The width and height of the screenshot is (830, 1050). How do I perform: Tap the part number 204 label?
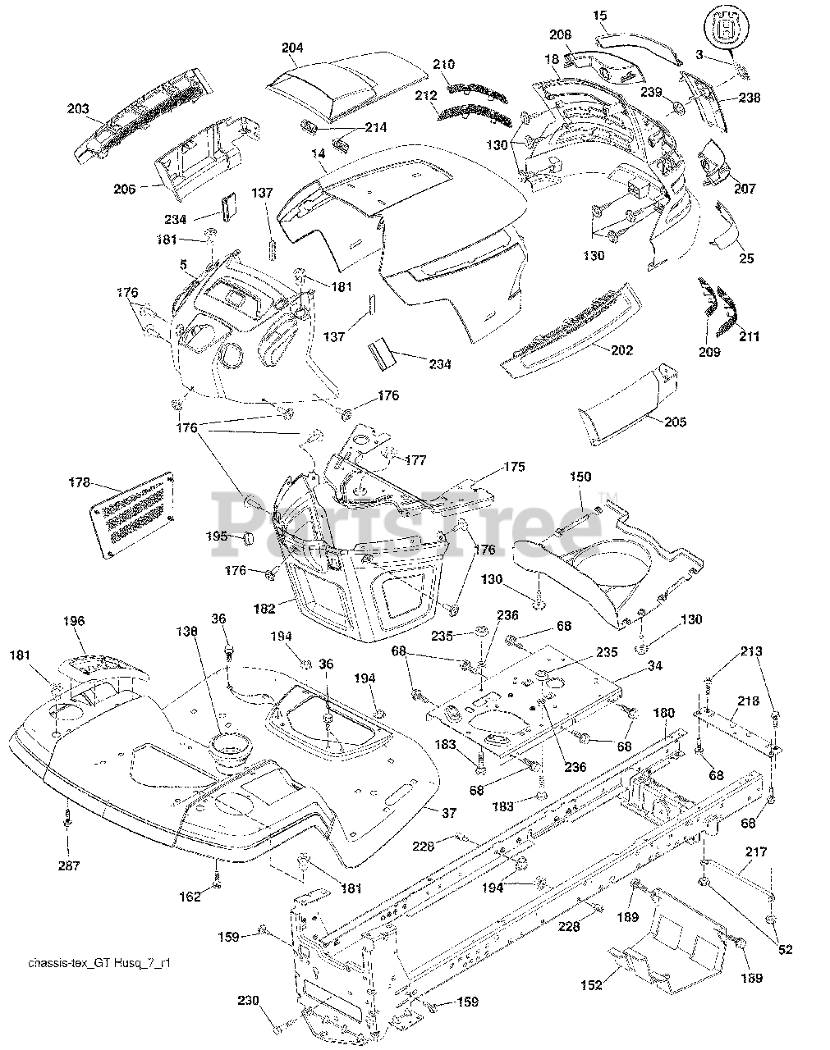point(292,48)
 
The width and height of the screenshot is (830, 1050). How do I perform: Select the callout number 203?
point(78,108)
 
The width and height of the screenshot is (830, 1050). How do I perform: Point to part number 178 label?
point(80,482)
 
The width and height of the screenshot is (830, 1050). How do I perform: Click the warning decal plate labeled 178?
point(132,515)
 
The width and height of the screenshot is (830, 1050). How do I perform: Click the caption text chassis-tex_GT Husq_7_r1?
point(99,963)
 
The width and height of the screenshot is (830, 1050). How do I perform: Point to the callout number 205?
point(675,422)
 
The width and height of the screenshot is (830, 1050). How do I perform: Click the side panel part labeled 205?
point(628,405)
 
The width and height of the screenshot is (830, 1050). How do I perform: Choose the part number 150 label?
point(580,477)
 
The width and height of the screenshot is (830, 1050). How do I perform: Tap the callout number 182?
point(264,609)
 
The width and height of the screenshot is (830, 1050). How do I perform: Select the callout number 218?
point(748,701)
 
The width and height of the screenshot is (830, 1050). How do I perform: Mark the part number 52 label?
point(786,949)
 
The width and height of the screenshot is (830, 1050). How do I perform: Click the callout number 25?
point(746,258)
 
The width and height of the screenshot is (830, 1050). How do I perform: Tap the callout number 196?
point(74,621)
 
